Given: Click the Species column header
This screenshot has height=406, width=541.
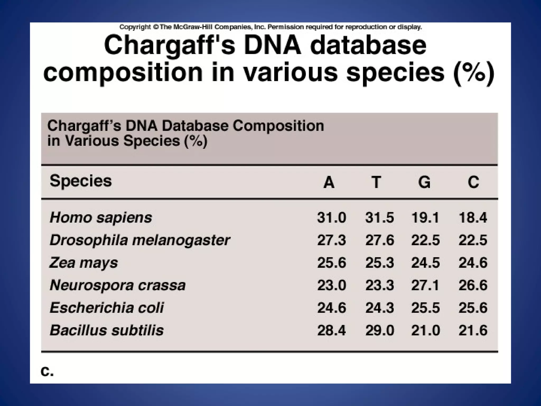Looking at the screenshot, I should [x=81, y=182].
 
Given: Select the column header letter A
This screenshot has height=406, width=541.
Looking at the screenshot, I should [x=329, y=182].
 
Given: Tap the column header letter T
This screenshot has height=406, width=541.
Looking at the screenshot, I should [x=376, y=182].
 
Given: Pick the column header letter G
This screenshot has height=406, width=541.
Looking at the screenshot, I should [x=424, y=182].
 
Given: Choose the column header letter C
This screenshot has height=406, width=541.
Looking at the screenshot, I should [x=473, y=182].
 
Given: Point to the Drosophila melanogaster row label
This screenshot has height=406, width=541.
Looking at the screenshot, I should [x=140, y=240].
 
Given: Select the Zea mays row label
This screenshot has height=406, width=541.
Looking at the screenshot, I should [x=83, y=263].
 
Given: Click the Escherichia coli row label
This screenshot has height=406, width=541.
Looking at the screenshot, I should [x=107, y=308].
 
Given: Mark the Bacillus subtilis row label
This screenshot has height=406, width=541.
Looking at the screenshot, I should [x=107, y=330].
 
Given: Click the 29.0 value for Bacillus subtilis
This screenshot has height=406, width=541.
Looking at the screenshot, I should [x=380, y=330].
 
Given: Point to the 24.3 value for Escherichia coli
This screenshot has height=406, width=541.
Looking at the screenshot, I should [x=380, y=308].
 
